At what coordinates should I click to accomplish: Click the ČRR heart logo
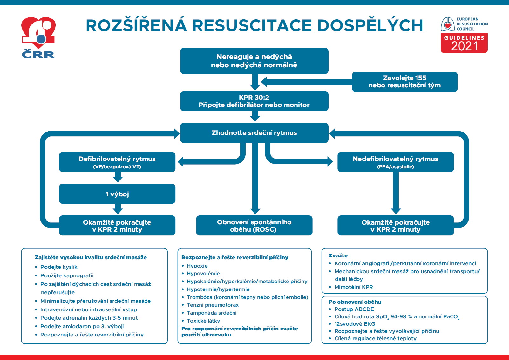tap(38, 37)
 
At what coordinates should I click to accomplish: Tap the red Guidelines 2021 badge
tap(464, 43)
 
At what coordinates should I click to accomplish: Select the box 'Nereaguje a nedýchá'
tap(254, 61)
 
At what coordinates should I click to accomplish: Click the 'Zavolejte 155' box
tap(404, 82)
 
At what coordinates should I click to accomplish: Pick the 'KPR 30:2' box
tap(254, 101)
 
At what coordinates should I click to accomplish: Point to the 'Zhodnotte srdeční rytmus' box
tap(254, 133)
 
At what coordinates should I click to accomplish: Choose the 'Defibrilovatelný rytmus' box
tap(117, 162)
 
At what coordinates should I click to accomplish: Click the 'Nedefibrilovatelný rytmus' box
tap(396, 162)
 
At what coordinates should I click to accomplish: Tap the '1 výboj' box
tap(117, 194)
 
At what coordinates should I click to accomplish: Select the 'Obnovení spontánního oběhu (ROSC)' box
tap(254, 226)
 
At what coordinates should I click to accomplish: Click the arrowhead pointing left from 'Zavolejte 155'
tap(264, 82)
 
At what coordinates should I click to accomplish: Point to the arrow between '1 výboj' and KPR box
tap(118, 209)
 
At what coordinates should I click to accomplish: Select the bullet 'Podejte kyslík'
tap(59, 267)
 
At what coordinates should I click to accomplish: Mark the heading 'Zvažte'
tap(338, 255)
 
